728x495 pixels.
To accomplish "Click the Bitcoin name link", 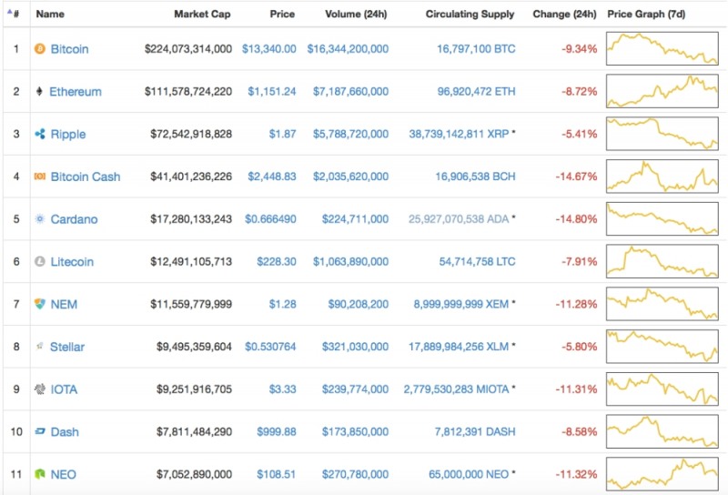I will pyautogui.click(x=69, y=49).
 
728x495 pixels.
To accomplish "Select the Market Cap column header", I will pyautogui.click(x=202, y=15).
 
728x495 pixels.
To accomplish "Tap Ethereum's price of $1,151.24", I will pyautogui.click(x=268, y=92).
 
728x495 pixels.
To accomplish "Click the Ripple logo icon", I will pyautogui.click(x=39, y=135).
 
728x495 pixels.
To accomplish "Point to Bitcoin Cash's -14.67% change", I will pyautogui.click(x=578, y=177).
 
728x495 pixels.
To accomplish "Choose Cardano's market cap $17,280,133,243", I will pyautogui.click(x=190, y=219).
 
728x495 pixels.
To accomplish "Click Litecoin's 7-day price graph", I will pyautogui.click(x=662, y=261).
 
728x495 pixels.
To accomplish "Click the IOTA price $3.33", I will pyautogui.click(x=282, y=389).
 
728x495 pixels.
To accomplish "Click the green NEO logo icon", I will pyautogui.click(x=39, y=475).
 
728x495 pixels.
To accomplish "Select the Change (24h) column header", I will pyautogui.click(x=564, y=15).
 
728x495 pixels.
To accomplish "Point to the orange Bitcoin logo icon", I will pyautogui.click(x=39, y=49).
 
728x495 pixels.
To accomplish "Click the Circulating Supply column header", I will pyautogui.click(x=470, y=15).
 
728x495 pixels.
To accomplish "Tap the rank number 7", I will pyautogui.click(x=15, y=304).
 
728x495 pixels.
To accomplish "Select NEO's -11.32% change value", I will pyautogui.click(x=578, y=475).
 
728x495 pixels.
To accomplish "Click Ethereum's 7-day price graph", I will pyautogui.click(x=662, y=91).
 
